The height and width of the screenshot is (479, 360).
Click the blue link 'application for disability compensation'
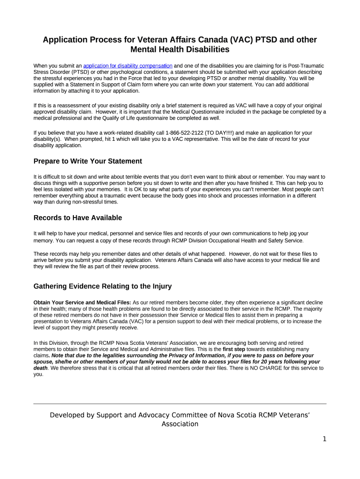pyautogui.click(x=128, y=66)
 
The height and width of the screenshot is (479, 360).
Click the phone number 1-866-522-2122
pyautogui.click(x=184, y=133)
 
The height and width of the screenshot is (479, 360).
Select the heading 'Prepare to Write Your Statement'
pyautogui.click(x=87, y=161)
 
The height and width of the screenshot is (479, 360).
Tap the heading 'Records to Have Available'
pyautogui.click(x=78, y=218)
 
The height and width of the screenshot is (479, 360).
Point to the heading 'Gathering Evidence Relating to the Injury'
pyautogui.click(x=103, y=286)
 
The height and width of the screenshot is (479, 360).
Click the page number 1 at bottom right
pyautogui.click(x=324, y=439)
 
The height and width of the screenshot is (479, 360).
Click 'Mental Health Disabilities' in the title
pyautogui.click(x=180, y=49)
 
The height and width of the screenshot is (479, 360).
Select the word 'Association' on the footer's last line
pyautogui.click(x=180, y=424)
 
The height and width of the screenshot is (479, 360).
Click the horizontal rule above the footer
pyautogui.click(x=180, y=403)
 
